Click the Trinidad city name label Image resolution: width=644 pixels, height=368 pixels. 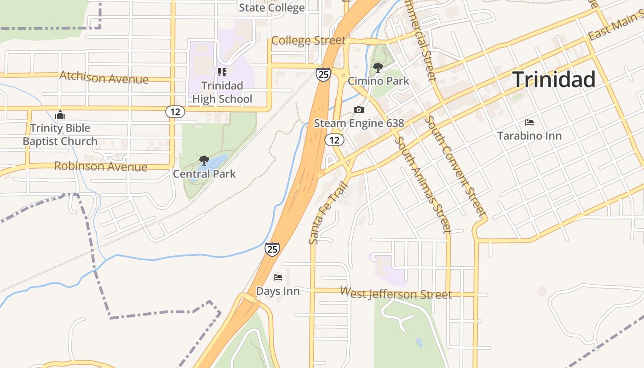coord(553,80)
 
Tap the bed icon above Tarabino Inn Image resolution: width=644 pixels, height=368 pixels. coord(529,122)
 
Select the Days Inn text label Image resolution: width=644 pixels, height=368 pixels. coord(277,291)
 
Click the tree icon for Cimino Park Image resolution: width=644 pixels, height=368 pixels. coord(378,68)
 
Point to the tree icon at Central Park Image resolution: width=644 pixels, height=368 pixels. coord(204,161)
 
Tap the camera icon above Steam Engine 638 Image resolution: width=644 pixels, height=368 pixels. coord(359,109)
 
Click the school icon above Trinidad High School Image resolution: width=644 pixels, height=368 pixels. coord(222,72)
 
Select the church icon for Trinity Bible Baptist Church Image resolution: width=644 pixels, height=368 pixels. coord(60,115)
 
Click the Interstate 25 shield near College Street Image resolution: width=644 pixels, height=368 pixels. coord(323,75)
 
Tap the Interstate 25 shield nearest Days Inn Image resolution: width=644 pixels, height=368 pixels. coord(272,249)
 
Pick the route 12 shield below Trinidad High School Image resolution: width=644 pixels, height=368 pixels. coord(175,112)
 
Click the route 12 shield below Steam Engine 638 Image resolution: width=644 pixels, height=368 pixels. coord(334,139)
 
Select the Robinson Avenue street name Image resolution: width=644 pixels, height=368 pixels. coord(101,166)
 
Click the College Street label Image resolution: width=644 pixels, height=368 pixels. coord(308,40)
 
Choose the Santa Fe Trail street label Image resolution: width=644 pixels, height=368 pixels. coord(327,213)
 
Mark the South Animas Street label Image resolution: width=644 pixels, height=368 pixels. coord(422,184)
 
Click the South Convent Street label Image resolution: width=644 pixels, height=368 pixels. coord(455,166)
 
